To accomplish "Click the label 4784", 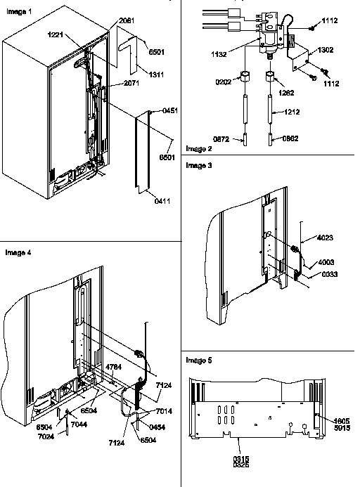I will coord(114,366).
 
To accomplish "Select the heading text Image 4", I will coord(16,252).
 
